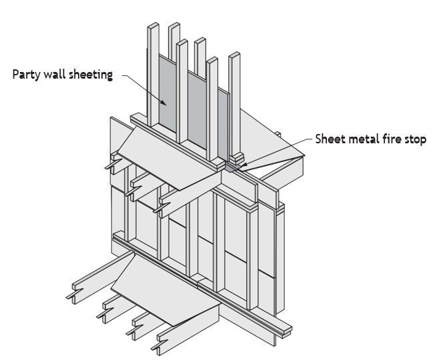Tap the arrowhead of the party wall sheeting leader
(163, 103)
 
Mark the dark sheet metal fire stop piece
(232, 167)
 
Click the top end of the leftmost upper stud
(153, 25)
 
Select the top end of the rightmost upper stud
(234, 55)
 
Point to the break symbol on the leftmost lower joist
(74, 293)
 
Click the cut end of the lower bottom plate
(287, 332)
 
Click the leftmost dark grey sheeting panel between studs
(167, 93)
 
